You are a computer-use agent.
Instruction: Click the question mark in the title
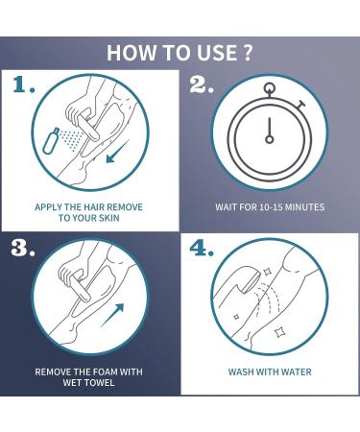coord(247,53)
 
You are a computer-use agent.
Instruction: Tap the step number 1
coord(24,84)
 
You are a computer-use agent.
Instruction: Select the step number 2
coord(202,84)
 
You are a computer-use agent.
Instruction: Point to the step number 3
coord(23,248)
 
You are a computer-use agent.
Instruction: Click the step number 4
coord(202,248)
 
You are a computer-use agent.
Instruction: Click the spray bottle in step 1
coord(51,140)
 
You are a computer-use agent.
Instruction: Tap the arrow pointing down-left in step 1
coord(117,152)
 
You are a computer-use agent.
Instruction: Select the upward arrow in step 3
coord(112,316)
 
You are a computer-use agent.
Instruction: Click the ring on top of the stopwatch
coord(270,87)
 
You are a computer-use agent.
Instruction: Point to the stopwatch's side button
coord(300,105)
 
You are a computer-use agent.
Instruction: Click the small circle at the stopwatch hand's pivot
coord(270,139)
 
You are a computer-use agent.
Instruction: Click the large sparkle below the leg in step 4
coord(279,333)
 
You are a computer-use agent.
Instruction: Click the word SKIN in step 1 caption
coord(108,218)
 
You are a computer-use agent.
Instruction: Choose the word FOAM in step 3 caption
coord(103,372)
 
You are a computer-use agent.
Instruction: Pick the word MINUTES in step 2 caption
coord(304,207)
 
